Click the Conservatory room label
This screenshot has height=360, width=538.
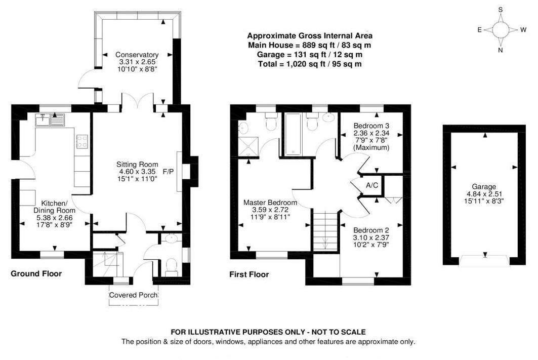[137, 55]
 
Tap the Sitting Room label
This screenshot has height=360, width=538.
[137, 165]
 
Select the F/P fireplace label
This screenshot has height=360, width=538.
[168, 171]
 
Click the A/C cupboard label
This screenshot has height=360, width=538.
[372, 185]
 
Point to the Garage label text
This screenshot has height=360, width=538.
[484, 187]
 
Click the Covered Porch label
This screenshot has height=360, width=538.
[134, 295]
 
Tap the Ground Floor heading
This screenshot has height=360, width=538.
[36, 273]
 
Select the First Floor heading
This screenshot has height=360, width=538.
[249, 274]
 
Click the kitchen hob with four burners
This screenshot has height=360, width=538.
[82, 141]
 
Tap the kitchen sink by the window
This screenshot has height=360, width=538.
[50, 120]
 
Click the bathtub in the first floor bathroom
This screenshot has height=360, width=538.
[293, 134]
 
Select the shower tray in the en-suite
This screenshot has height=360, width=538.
[248, 146]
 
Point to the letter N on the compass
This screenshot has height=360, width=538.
[500, 50]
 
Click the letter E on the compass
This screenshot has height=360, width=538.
[480, 30]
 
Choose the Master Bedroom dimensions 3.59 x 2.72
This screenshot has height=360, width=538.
[270, 210]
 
